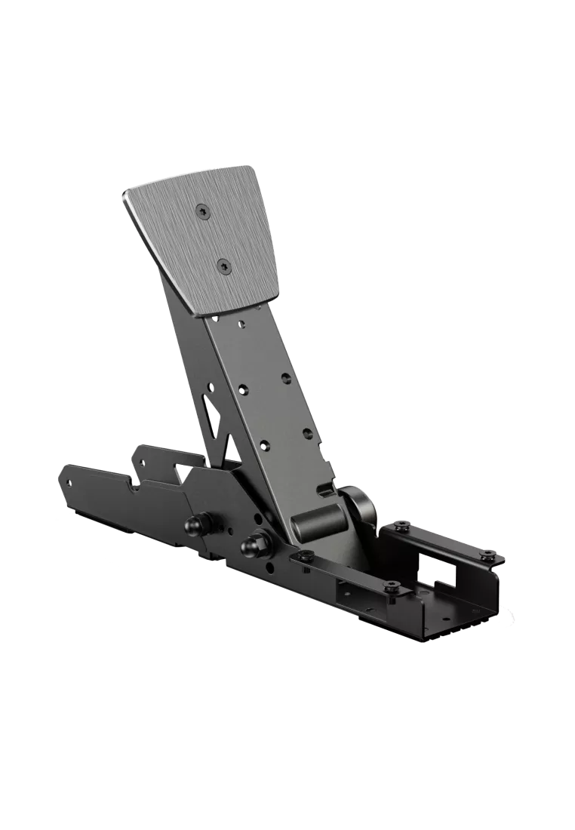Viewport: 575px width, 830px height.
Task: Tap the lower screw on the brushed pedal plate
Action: (x=223, y=264)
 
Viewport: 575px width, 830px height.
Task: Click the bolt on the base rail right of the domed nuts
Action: (x=304, y=556)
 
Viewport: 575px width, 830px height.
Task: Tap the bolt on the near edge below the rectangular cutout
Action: (x=390, y=586)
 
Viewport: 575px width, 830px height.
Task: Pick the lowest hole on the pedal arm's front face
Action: (x=263, y=445)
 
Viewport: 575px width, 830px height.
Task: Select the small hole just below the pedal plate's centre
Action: (x=241, y=325)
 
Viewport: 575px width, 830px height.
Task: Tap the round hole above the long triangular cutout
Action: (x=211, y=386)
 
